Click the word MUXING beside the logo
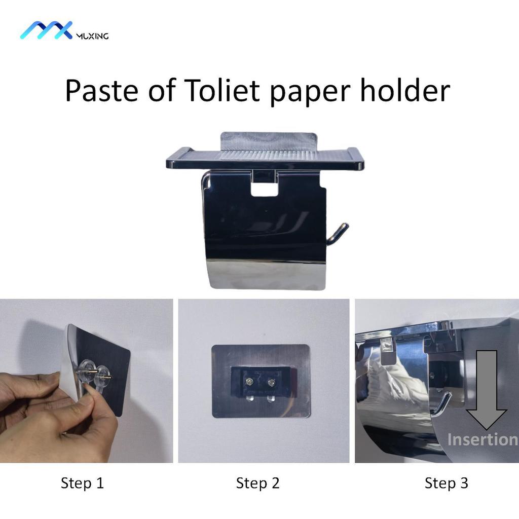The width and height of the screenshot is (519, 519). [x=91, y=35]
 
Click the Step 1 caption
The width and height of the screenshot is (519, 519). [x=82, y=483]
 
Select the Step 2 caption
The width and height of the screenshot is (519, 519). [x=257, y=483]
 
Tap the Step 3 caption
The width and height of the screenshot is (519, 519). [x=446, y=483]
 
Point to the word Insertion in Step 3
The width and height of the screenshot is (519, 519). [x=481, y=439]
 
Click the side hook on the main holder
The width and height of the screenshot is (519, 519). [x=338, y=234]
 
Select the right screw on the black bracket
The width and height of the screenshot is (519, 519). [x=273, y=382]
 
